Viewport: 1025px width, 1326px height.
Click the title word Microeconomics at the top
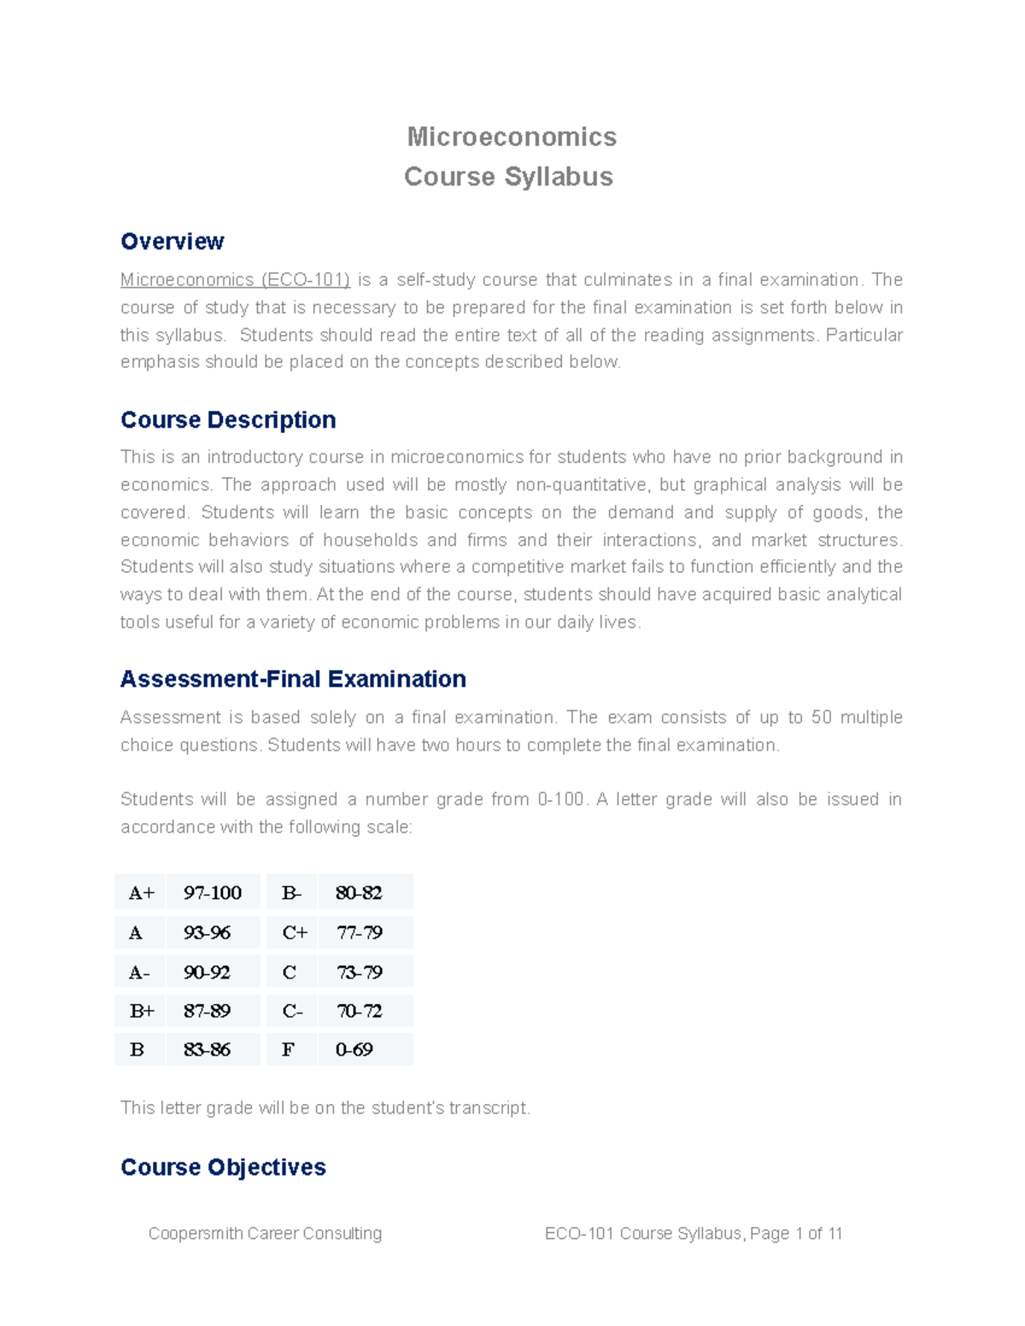click(512, 137)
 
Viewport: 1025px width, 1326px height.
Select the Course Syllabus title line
click(508, 177)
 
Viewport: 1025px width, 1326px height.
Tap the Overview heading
click(172, 242)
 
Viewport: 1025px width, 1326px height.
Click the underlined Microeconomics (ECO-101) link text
click(235, 280)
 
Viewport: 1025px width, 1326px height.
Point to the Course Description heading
click(228, 420)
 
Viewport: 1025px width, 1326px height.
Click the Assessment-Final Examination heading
click(293, 679)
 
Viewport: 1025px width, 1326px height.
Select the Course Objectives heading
click(223, 1167)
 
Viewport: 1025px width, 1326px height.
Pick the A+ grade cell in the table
click(141, 893)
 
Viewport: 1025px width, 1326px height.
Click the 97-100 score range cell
click(213, 893)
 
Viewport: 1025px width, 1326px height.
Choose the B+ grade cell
click(142, 1011)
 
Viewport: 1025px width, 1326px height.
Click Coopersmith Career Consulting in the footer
click(265, 1234)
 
